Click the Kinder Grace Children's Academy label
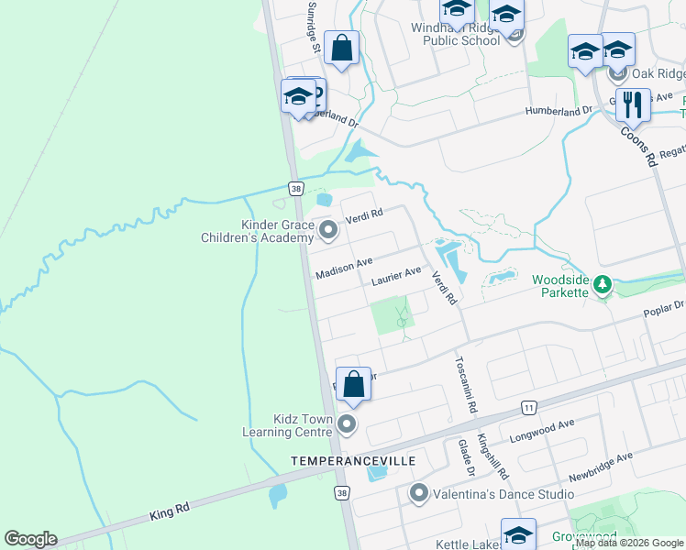[252, 231]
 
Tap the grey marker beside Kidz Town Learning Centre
[347, 423]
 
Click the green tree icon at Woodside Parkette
[602, 285]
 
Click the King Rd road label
[170, 512]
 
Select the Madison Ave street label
[344, 269]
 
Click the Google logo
[30, 539]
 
